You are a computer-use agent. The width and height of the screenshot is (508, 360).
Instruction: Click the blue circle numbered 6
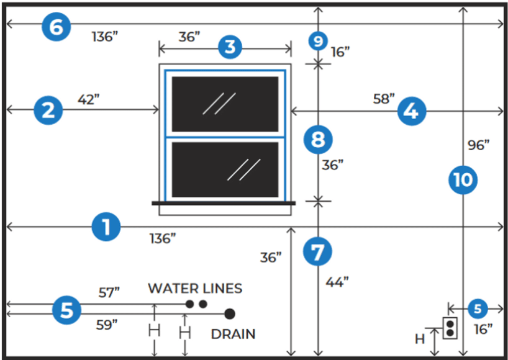[x=57, y=27]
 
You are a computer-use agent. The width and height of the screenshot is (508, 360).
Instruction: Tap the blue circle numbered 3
[x=230, y=47]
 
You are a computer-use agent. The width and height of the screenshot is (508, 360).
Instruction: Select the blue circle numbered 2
[x=48, y=110]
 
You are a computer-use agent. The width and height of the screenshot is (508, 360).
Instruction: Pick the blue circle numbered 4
[x=412, y=111]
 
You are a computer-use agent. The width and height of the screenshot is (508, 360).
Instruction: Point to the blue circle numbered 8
[x=318, y=140]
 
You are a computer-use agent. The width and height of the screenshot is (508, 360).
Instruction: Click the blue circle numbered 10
[x=463, y=179]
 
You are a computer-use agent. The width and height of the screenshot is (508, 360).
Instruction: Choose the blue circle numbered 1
[x=106, y=227]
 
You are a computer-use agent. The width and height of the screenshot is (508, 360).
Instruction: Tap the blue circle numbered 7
[x=317, y=251]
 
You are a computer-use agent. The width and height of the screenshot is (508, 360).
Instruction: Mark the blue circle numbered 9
[x=318, y=41]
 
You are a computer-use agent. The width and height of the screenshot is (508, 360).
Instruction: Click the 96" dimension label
[x=479, y=145]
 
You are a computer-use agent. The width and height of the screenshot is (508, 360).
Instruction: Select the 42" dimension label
[x=88, y=99]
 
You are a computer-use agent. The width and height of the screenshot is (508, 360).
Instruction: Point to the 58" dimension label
[x=384, y=99]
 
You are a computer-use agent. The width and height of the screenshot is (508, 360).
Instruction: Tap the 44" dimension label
[x=337, y=282]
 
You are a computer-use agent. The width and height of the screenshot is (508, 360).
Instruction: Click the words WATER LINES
[x=195, y=289]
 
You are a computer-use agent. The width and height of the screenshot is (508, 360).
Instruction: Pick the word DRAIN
[x=234, y=334]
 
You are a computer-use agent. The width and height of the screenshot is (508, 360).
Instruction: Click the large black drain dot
[x=230, y=313]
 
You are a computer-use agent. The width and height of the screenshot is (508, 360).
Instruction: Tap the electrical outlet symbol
[x=450, y=328]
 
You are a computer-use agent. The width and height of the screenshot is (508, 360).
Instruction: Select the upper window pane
[x=225, y=104]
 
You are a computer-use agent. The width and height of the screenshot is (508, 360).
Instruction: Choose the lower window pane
[x=225, y=169]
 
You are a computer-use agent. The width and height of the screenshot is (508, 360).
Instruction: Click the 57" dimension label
[x=109, y=292]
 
